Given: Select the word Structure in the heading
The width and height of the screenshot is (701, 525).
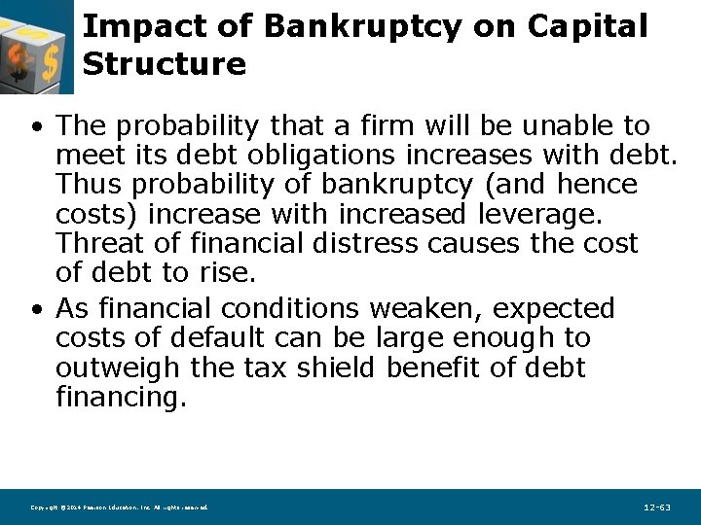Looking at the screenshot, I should [165, 64].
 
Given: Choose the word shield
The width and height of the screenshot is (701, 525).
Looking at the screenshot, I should [334, 368].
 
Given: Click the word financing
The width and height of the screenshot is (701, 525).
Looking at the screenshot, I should [120, 398].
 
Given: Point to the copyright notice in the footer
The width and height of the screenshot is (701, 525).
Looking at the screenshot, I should [119, 508].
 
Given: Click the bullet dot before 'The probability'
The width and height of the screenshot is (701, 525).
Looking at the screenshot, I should [35, 127].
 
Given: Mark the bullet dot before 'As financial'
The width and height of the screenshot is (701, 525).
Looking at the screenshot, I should [35, 310].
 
